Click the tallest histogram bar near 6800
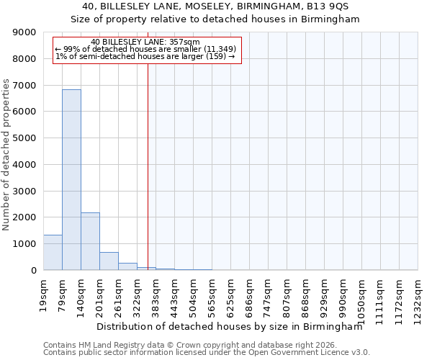pyautogui.click(x=71, y=180)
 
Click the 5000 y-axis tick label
pyautogui.click(x=26, y=138)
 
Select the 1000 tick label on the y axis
pyautogui.click(x=26, y=244)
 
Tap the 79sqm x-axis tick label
pyautogui.click(x=63, y=291)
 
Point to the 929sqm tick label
pyautogui.click(x=324, y=293)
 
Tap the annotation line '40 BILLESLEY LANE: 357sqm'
pyautogui.click(x=145, y=42)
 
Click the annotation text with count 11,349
pyautogui.click(x=145, y=49)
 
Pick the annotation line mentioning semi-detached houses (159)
pyautogui.click(x=145, y=56)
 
